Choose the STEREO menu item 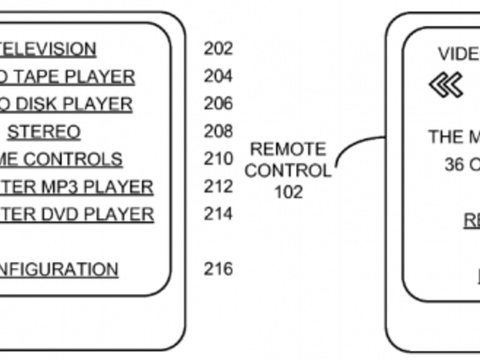tap(44, 132)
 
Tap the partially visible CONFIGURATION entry tap(59, 270)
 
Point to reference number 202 tap(218, 48)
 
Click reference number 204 tap(218, 76)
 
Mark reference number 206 tap(218, 103)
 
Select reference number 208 tap(218, 131)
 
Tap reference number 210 tap(218, 159)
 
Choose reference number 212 tap(218, 186)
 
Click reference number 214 tap(218, 214)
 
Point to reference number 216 tap(218, 269)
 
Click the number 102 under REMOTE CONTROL tap(288, 192)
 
